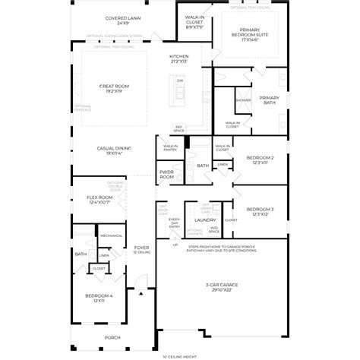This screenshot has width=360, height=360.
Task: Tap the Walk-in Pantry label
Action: tap(170, 147)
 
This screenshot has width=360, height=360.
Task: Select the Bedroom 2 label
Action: tap(260, 160)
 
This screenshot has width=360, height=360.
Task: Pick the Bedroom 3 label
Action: tap(260, 210)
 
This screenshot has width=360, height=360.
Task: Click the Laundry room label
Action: tap(205, 220)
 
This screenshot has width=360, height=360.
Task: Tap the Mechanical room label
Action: tap(111, 235)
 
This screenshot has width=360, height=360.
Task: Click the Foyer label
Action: tap(141, 248)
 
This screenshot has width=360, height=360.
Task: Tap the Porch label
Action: tap(112, 337)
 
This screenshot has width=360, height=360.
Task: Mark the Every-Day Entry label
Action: tap(174, 223)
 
